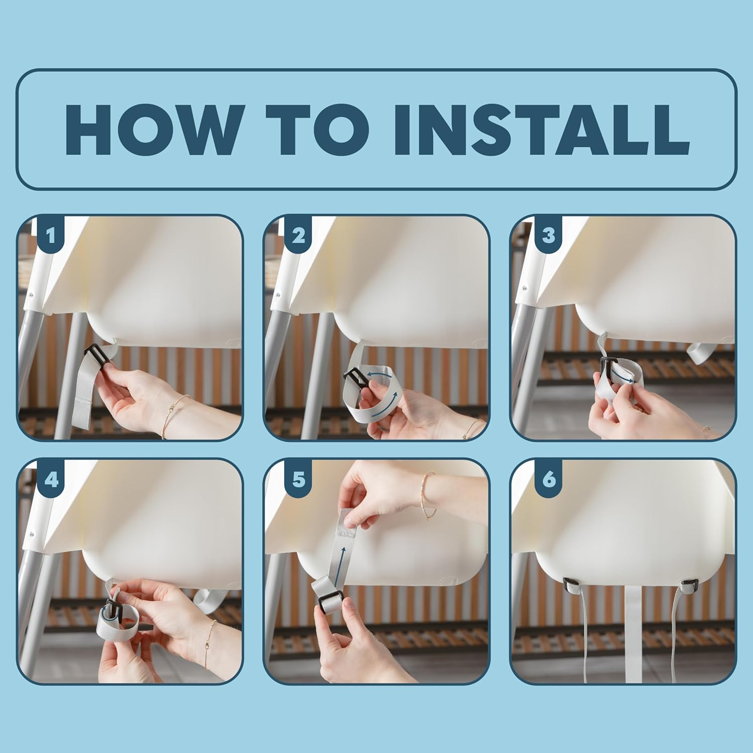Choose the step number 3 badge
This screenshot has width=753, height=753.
(548, 235)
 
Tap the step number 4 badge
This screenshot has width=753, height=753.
(51, 479)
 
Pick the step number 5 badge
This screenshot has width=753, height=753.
(298, 479)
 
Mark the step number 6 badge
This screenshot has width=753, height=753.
(549, 479)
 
